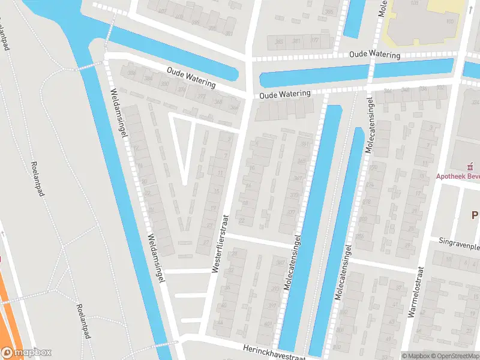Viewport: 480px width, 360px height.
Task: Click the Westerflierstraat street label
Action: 220,244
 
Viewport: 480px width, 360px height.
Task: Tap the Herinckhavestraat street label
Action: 274,352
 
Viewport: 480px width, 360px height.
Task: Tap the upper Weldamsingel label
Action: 119,114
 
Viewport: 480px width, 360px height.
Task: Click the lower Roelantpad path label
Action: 82,322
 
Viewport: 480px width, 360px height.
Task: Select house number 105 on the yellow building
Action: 450,21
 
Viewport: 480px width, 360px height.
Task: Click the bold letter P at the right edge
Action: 475,215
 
